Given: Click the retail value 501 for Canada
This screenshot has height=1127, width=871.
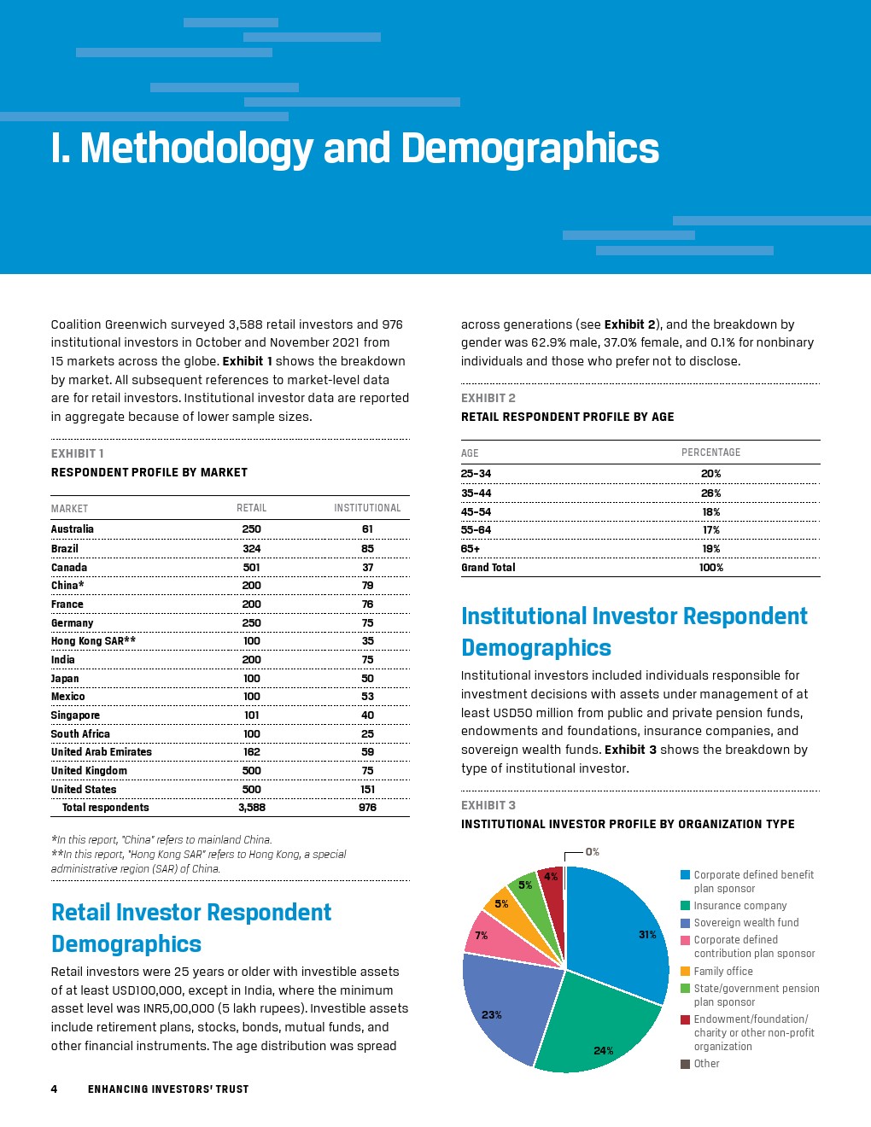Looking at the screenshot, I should point(251,567).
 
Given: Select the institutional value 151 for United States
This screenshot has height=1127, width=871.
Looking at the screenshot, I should point(367,789).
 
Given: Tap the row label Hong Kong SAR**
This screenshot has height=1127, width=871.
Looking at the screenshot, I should point(93,641).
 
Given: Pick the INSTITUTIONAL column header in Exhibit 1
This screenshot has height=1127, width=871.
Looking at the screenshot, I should point(367,508).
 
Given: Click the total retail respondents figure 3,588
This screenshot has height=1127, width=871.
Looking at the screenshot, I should point(251,808).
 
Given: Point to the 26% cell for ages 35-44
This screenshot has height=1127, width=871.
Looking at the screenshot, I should point(710,493).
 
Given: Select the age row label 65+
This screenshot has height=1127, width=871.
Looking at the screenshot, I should point(471,549).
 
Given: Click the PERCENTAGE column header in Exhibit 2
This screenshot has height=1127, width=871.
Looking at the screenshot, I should point(710,453).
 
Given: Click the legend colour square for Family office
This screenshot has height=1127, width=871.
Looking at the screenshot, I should point(685,971).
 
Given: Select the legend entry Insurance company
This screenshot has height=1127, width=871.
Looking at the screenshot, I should point(739,906).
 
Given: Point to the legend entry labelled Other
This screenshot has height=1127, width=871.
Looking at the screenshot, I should point(706,1064).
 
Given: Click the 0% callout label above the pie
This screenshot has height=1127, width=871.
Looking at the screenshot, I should point(592,852).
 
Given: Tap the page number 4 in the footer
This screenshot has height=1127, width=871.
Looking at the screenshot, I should point(54,1089).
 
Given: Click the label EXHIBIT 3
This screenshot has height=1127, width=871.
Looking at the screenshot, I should point(488,805).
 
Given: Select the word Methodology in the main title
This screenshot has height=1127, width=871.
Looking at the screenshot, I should point(196,149).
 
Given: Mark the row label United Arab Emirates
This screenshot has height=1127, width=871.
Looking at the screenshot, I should point(101,752).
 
